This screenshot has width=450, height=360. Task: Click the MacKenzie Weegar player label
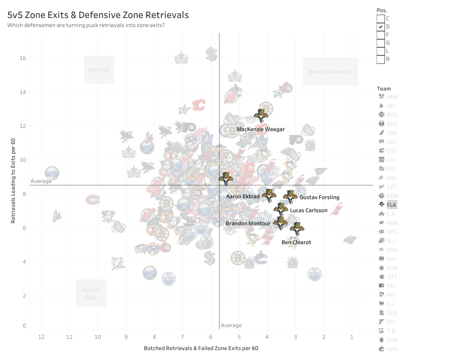click(260, 129)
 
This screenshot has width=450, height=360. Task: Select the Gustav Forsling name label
click(319, 197)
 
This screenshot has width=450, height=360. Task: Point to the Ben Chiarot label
click(296, 242)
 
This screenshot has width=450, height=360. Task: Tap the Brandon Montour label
click(248, 223)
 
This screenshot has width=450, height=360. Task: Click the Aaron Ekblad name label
click(243, 196)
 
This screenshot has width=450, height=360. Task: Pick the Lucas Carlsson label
click(309, 210)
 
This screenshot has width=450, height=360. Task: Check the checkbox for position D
click(381, 27)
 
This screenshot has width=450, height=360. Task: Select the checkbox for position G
click(381, 43)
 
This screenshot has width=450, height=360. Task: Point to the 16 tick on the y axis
click(23, 58)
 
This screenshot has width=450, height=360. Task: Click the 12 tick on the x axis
click(41, 337)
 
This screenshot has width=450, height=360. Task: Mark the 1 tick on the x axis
click(352, 337)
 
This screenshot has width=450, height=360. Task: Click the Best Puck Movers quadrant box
click(330, 72)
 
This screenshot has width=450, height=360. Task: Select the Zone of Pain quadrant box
click(91, 293)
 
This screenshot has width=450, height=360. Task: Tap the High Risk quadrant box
click(99, 70)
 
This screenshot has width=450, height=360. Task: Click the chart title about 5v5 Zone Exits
click(98, 15)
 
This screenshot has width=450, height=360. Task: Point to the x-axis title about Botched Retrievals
click(201, 348)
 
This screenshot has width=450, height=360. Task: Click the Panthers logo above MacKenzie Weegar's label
click(260, 116)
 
